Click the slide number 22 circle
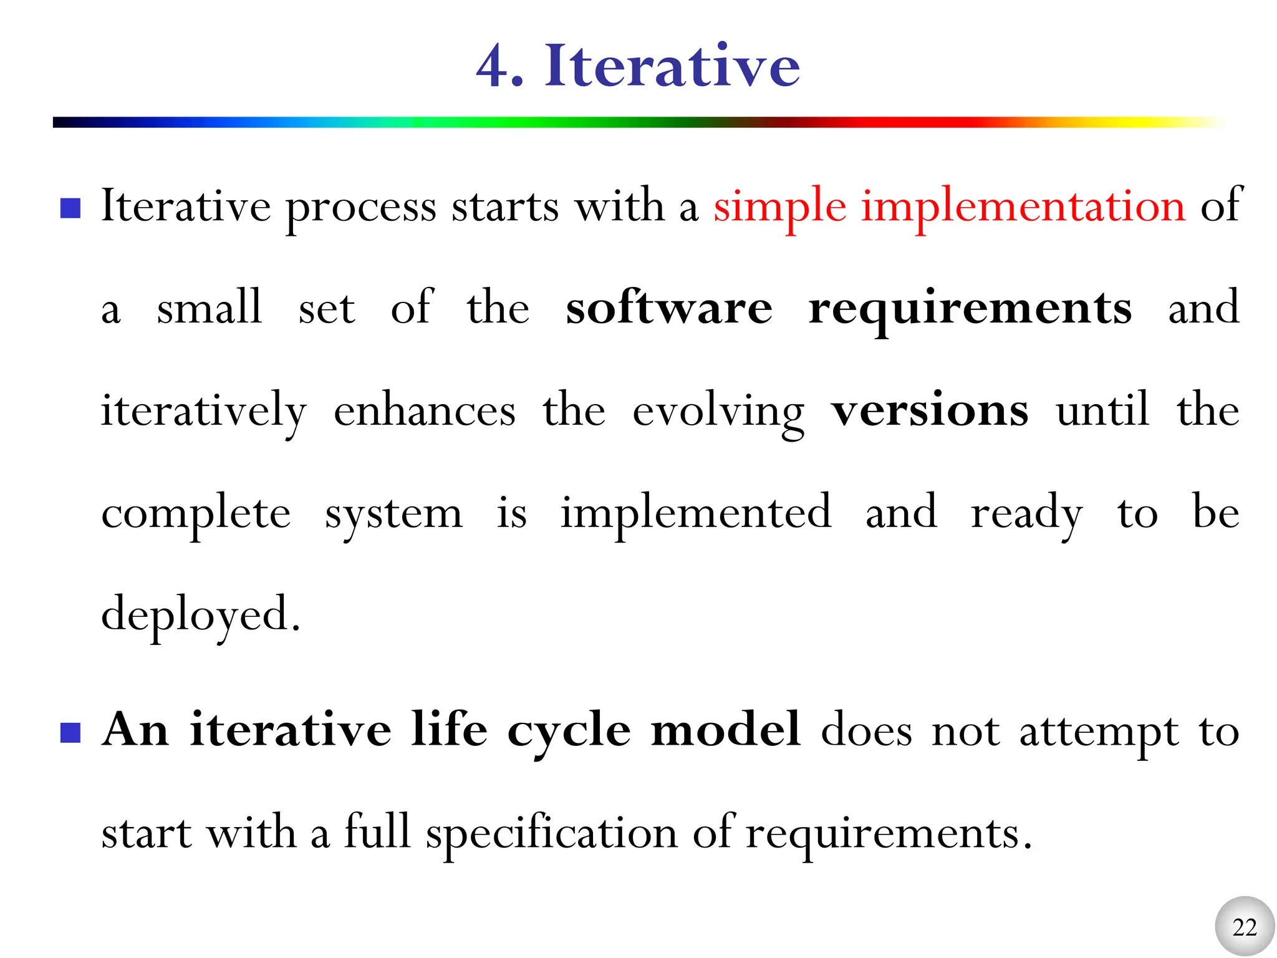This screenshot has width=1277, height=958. [1245, 927]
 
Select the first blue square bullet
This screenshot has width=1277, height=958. [70, 208]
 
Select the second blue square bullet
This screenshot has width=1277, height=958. [70, 733]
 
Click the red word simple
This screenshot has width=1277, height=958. [779, 208]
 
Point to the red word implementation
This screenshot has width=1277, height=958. [1023, 208]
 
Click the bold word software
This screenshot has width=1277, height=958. [668, 308]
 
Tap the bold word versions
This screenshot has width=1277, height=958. [929, 411]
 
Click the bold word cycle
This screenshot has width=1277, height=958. [569, 731]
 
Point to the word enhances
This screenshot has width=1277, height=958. [425, 411]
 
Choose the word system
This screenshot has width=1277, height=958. [393, 515]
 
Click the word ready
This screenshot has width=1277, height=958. [1026, 515]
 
